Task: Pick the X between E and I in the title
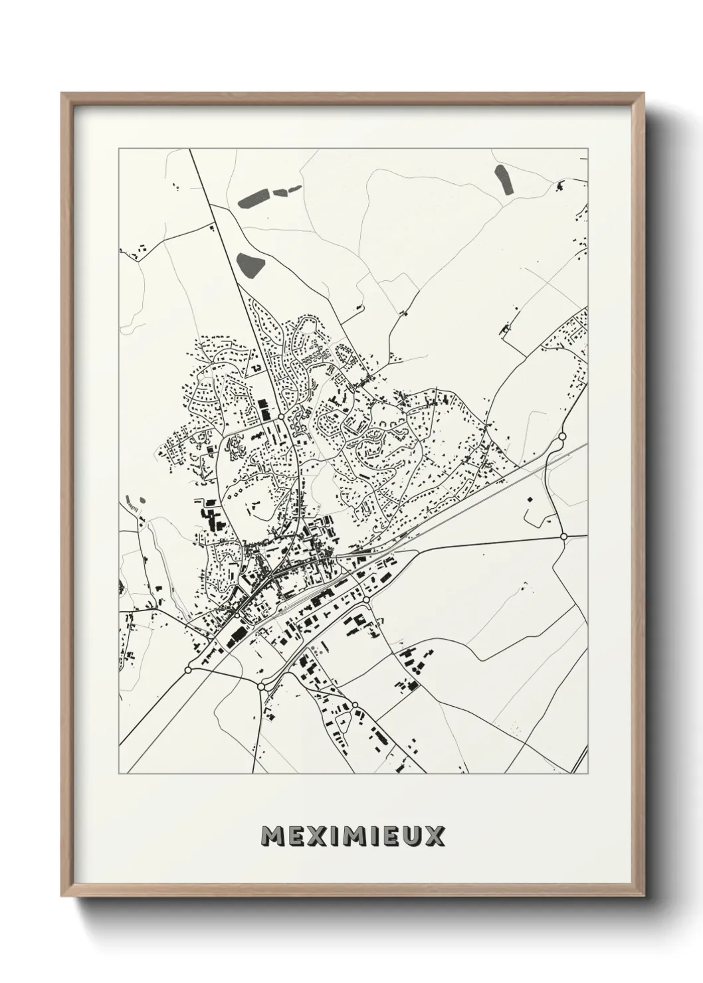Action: pos(314,836)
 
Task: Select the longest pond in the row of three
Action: pos(253,198)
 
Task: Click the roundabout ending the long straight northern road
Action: pos(281,416)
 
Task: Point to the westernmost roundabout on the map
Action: pos(188,670)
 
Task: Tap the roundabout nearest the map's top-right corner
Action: pos(562,436)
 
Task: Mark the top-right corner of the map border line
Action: pos(587,148)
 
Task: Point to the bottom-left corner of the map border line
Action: pos(119,774)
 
